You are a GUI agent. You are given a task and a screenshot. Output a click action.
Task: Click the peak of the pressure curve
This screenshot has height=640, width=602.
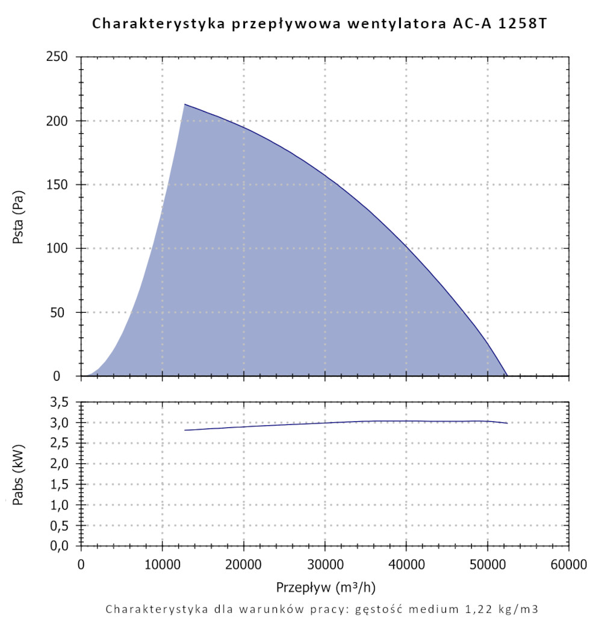[185, 104]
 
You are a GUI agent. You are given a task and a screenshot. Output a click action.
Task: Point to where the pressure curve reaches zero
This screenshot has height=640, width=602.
[507, 375]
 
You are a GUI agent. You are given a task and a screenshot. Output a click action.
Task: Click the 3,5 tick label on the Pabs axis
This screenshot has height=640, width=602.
[63, 402]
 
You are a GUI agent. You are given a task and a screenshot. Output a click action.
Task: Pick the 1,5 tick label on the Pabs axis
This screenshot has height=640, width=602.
[63, 484]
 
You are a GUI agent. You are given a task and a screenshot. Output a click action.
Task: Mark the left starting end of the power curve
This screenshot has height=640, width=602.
[185, 430]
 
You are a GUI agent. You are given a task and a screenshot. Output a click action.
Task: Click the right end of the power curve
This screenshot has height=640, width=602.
[507, 423]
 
